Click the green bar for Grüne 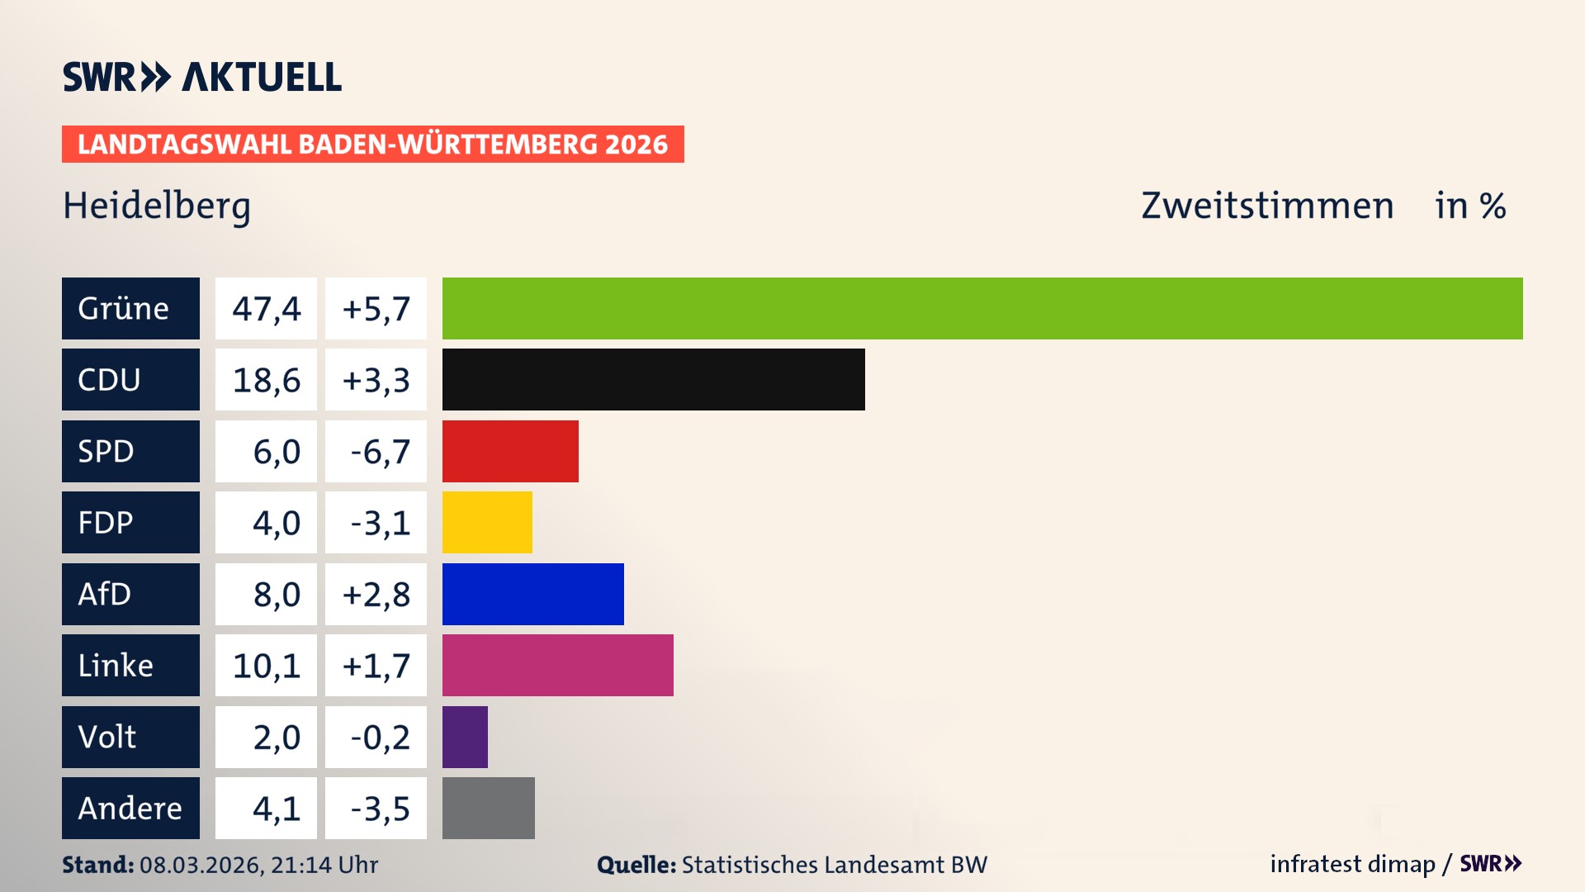pyautogui.click(x=982, y=308)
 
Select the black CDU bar pyautogui.click(x=653, y=380)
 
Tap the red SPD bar pyautogui.click(x=510, y=451)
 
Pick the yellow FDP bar pyautogui.click(x=487, y=522)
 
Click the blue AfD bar pyautogui.click(x=532, y=594)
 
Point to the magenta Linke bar pyautogui.click(x=557, y=665)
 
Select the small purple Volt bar pyautogui.click(x=465, y=737)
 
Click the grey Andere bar pyautogui.click(x=488, y=808)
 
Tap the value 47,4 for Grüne pyautogui.click(x=266, y=309)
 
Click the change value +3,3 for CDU pyautogui.click(x=376, y=380)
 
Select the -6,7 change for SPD pyautogui.click(x=376, y=452)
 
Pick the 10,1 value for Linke pyautogui.click(x=266, y=666)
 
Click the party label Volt pyautogui.click(x=107, y=737)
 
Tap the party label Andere pyautogui.click(x=130, y=808)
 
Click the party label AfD pyautogui.click(x=105, y=594)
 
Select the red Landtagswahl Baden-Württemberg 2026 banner pyautogui.click(x=372, y=144)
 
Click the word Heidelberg pyautogui.click(x=157, y=206)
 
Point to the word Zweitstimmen pyautogui.click(x=1267, y=206)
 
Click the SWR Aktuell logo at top pyautogui.click(x=202, y=77)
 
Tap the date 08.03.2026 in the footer pyautogui.click(x=201, y=865)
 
